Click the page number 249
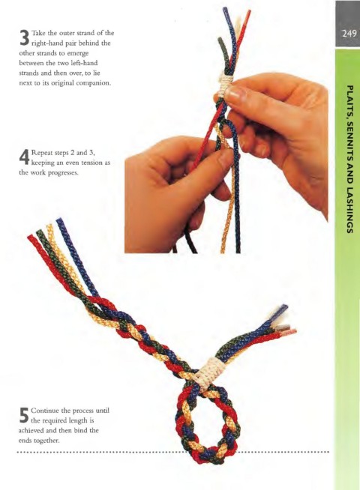point(349,34)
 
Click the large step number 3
point(25,37)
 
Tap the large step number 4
point(25,157)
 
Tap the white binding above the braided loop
point(208,374)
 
